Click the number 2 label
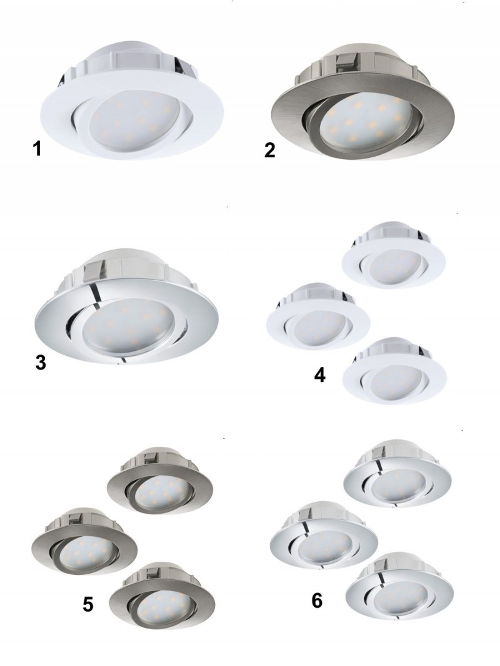pos(269,150)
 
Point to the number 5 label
pos(87,604)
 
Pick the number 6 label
pos(317,600)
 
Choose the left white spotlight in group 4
pos(318,317)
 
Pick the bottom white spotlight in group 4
pos(394,371)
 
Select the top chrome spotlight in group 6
pos(397,474)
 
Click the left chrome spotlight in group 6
pos(324,536)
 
